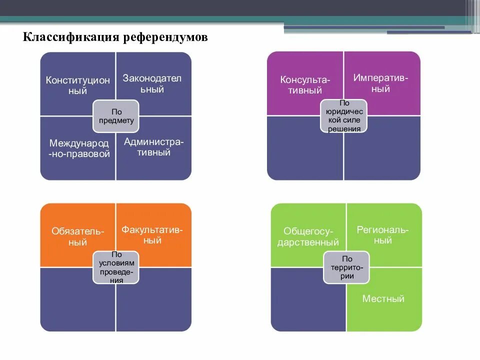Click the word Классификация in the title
pos(70,38)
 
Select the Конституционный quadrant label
pos(78,85)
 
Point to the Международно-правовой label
pos(79,148)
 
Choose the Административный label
pos(154,147)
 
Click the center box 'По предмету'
pos(116,115)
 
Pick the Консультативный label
pos(305,85)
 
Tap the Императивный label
pos(380,83)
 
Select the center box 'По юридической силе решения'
pos(344,116)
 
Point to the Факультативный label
pos(152,235)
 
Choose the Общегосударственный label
pos(311,236)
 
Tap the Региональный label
pos(382,235)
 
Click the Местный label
pos(383,299)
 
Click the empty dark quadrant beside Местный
pos(305,305)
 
